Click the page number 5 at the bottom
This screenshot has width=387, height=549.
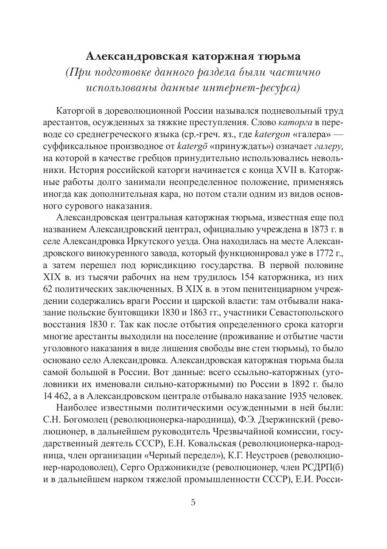193,502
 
